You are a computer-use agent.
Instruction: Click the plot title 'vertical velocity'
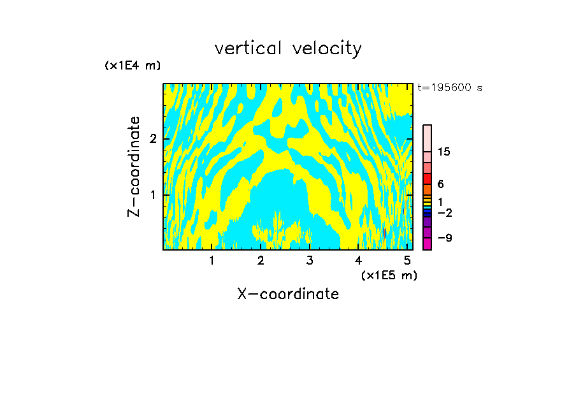(288, 48)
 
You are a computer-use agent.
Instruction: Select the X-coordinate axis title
(288, 294)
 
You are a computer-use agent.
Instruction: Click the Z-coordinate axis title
(134, 166)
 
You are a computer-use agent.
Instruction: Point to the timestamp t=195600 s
(450, 88)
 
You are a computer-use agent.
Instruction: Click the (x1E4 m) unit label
(133, 66)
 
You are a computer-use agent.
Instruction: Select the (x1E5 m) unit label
(389, 275)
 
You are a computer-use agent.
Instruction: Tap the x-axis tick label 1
(212, 260)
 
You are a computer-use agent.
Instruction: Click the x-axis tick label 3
(310, 260)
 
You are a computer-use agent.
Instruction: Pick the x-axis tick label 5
(407, 260)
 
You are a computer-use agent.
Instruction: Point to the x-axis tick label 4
(359, 260)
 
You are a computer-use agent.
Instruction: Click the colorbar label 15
(444, 152)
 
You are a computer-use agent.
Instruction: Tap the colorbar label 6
(441, 184)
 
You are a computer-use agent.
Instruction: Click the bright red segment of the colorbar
(427, 179)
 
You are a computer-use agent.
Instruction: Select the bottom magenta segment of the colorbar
(427, 244)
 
